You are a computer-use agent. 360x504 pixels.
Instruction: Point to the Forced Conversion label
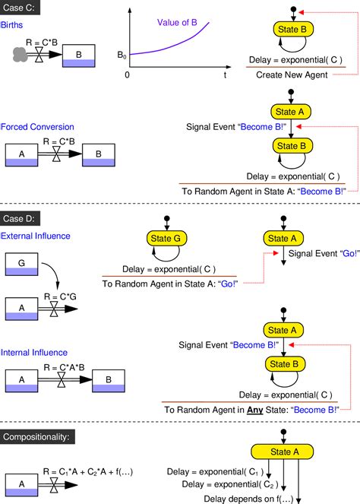coord(36,127)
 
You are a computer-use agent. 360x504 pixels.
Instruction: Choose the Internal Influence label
coord(34,353)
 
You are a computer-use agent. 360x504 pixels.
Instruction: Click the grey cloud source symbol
coord(24,55)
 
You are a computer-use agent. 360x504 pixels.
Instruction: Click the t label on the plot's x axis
coord(225,76)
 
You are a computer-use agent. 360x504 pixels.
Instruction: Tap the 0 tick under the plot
coord(128,76)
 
